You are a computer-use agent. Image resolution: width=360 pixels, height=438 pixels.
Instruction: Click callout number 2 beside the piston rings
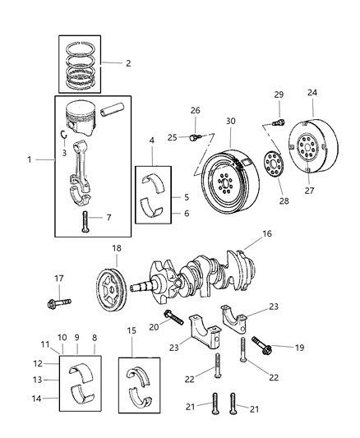(x=127, y=62)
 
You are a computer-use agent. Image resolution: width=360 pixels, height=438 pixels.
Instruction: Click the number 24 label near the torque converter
(x=312, y=92)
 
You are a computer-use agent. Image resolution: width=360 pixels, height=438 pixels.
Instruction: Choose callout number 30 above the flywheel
(x=231, y=121)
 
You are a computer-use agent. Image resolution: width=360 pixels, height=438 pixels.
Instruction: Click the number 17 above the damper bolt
(x=58, y=277)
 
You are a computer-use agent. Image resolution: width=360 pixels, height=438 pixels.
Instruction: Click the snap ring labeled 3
(x=63, y=135)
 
